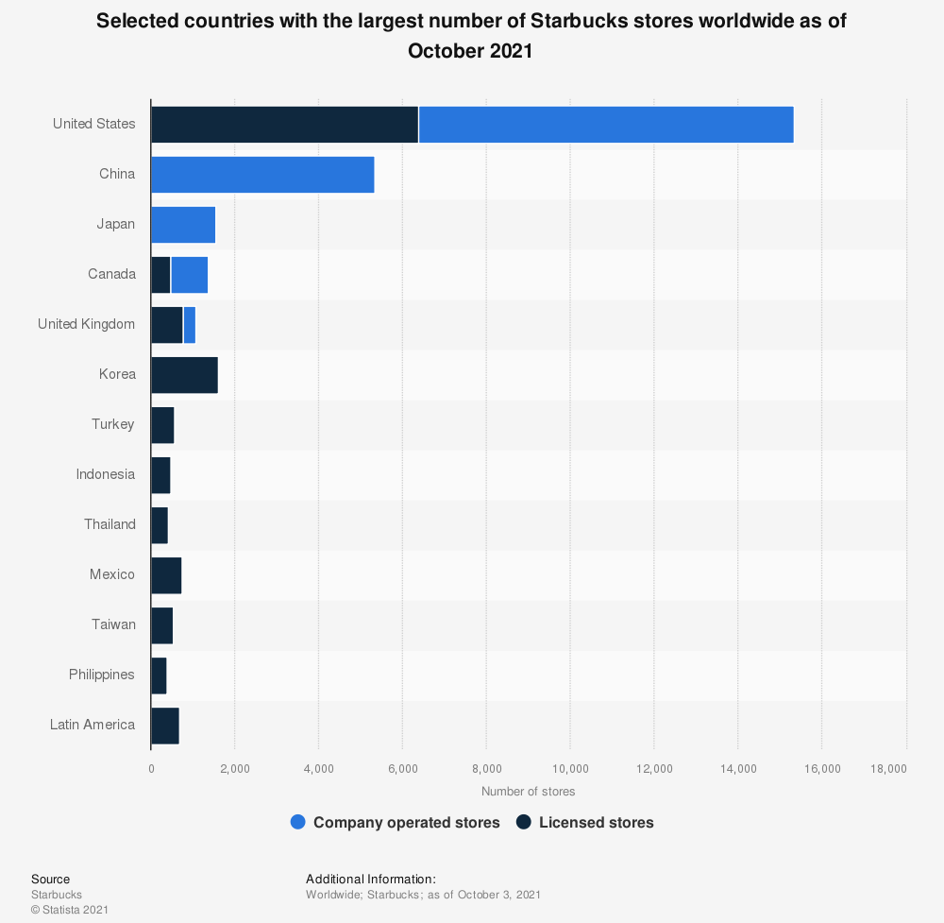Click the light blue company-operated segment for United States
(x=605, y=125)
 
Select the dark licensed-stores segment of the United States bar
(x=284, y=125)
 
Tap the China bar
(x=262, y=175)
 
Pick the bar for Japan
(x=183, y=225)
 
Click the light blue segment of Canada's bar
(x=189, y=275)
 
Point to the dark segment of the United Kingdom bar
(x=167, y=325)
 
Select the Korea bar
(x=184, y=375)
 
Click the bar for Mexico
(x=166, y=575)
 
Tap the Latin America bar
(x=165, y=726)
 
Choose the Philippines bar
(x=159, y=675)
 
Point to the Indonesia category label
(x=106, y=475)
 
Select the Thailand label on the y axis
(x=110, y=525)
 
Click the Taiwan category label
(x=112, y=625)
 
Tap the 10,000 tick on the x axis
(x=570, y=769)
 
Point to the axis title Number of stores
(x=528, y=792)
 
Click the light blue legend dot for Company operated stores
(x=298, y=823)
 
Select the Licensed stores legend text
(x=596, y=823)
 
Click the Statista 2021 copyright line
(x=70, y=910)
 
